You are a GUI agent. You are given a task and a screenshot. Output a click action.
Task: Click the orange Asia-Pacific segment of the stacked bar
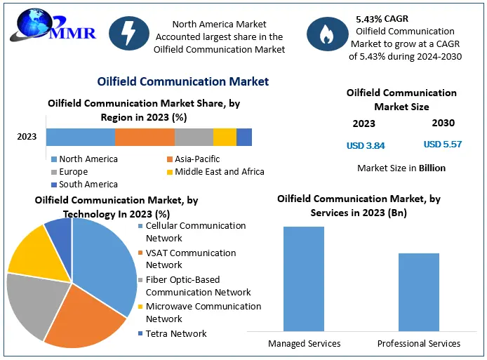(x=145, y=137)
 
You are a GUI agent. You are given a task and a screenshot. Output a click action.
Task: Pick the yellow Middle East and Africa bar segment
(x=225, y=137)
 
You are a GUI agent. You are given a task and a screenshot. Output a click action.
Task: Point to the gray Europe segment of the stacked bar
(x=194, y=137)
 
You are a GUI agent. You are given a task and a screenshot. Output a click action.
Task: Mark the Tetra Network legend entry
(x=175, y=333)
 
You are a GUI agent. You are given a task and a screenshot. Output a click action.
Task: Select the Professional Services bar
(x=419, y=291)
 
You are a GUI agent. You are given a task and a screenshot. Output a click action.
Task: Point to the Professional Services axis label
(x=419, y=343)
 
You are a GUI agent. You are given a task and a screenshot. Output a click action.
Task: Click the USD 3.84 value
(x=366, y=146)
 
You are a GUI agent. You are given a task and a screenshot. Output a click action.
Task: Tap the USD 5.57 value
(x=443, y=145)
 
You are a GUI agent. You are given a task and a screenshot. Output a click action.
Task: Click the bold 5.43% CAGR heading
(x=382, y=19)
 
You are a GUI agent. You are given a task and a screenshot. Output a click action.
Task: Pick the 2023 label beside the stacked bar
(x=27, y=137)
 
